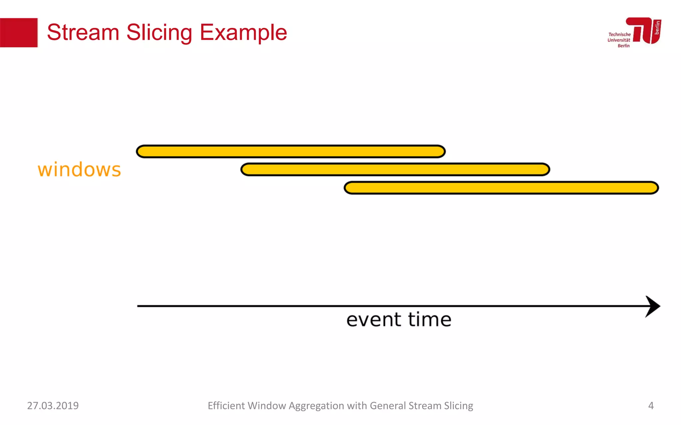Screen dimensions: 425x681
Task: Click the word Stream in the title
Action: click(83, 33)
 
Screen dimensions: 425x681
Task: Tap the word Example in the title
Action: click(243, 33)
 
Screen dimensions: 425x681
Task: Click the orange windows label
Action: click(79, 170)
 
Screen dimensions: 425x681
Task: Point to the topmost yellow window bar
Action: click(291, 151)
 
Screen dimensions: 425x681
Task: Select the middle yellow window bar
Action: click(395, 170)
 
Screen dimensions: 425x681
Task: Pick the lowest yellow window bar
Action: click(501, 188)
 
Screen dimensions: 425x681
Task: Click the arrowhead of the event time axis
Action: click(652, 306)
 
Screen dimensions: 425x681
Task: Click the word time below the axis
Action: click(430, 319)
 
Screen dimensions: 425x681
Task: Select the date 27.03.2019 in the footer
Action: click(53, 406)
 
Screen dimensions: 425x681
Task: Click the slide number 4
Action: click(651, 406)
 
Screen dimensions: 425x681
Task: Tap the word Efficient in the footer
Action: click(226, 406)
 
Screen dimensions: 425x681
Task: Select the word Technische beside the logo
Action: click(619, 35)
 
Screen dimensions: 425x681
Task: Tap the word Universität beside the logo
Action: click(618, 40)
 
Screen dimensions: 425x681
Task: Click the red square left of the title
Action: click(19, 33)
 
